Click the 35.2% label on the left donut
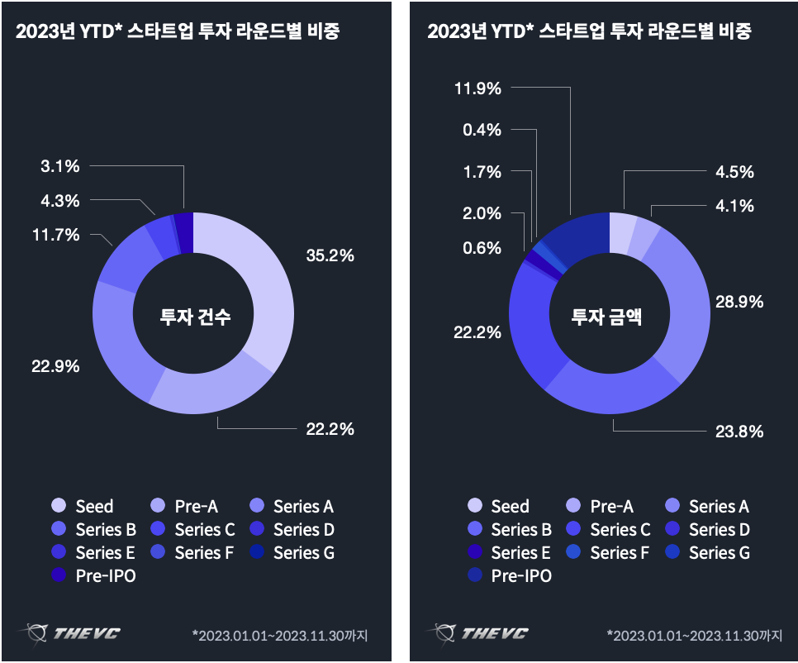330,255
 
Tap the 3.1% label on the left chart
60,166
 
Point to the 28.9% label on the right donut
739,302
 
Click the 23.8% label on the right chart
739,431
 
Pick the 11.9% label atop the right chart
477,88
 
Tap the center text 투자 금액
608,316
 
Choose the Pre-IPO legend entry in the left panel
96,576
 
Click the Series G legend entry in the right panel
710,553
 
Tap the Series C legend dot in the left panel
159,530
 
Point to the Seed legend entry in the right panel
499,507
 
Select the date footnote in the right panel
694,636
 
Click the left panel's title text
178,32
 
